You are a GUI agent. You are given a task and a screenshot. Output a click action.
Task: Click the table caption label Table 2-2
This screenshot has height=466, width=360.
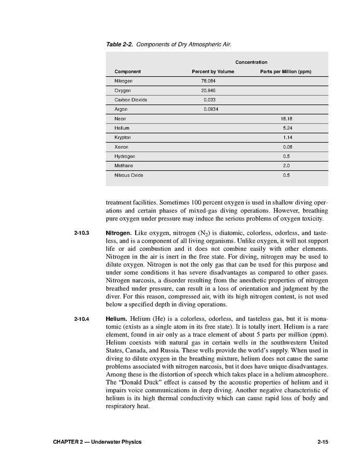point(120,45)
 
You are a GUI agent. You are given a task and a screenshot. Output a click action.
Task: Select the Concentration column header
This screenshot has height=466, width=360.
point(251,62)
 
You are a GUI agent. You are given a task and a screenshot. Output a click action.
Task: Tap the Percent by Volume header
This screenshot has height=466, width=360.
point(213,72)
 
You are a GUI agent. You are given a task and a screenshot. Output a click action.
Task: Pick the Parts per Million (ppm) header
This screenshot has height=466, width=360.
point(285,72)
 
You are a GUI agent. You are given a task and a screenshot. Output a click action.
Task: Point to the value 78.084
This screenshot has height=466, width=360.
point(209,81)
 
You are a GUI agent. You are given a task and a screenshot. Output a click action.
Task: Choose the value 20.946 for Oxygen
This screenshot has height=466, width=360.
point(209,91)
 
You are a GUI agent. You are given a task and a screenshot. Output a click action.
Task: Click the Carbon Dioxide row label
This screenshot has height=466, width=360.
point(131,100)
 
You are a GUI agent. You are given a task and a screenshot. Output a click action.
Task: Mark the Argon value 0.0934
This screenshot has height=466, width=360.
point(210,109)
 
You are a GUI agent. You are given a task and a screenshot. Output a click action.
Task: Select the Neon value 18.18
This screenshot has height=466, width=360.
point(286,119)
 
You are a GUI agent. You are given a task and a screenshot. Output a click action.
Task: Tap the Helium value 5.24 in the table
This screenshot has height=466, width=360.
point(286,128)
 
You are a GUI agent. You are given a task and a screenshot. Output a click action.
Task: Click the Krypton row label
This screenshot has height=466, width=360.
point(123,137)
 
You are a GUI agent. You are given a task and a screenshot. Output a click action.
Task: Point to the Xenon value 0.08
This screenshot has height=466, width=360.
point(286,147)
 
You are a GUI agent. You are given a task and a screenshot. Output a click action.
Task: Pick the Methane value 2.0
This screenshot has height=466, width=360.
point(286,166)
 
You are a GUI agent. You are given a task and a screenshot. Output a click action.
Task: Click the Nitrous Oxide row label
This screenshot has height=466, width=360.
point(129,175)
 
